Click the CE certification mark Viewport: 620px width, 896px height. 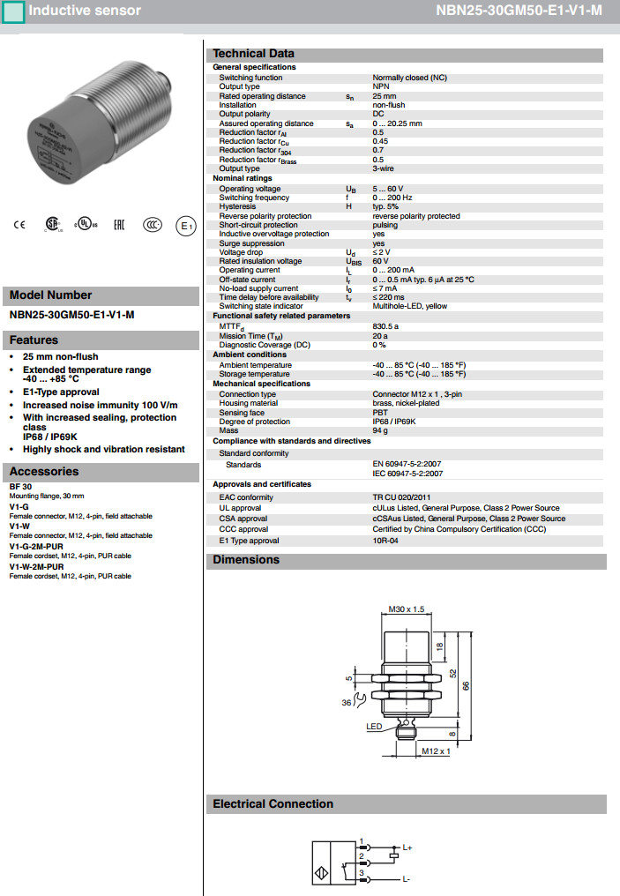20,225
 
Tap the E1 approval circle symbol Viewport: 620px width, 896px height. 185,226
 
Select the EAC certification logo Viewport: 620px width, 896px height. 119,225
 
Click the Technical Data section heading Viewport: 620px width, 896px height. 254,54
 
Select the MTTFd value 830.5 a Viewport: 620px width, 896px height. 386,325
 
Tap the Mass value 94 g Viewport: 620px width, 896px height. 381,430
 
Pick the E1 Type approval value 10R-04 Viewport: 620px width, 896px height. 385,541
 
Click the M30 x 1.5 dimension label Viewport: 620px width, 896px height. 407,609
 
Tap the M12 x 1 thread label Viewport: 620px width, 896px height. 436,751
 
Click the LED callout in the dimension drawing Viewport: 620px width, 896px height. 374,727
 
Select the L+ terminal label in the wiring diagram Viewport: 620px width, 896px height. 407,847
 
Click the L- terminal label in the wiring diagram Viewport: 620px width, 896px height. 406,879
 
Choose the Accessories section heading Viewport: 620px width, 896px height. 44,471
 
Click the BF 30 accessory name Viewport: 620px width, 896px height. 20,487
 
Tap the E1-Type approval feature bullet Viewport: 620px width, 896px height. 61,392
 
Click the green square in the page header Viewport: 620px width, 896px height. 12,11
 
